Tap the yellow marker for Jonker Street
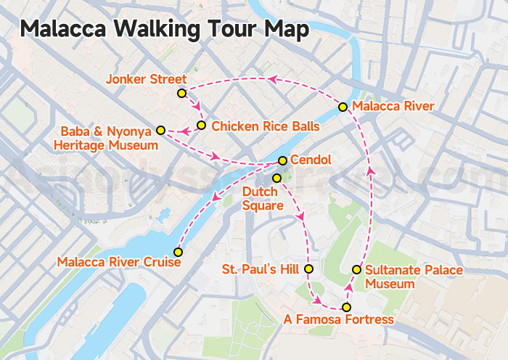pos(181,94)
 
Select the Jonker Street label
pos(146,79)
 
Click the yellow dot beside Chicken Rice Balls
pos(202,126)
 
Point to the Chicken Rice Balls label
pos(266,126)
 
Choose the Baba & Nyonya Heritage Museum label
pos(106,139)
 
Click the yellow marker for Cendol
pos(282,160)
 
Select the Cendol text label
pos(311,160)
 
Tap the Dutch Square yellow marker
pos(276,178)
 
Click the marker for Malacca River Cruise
pos(178,252)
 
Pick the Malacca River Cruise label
pos(118,262)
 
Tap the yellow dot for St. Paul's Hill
pos(308,269)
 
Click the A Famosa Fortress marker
pos(346,308)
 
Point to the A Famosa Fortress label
pos(339,320)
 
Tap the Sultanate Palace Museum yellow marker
pos(356,269)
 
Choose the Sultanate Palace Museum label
pos(413,277)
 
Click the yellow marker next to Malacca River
pos(343,107)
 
